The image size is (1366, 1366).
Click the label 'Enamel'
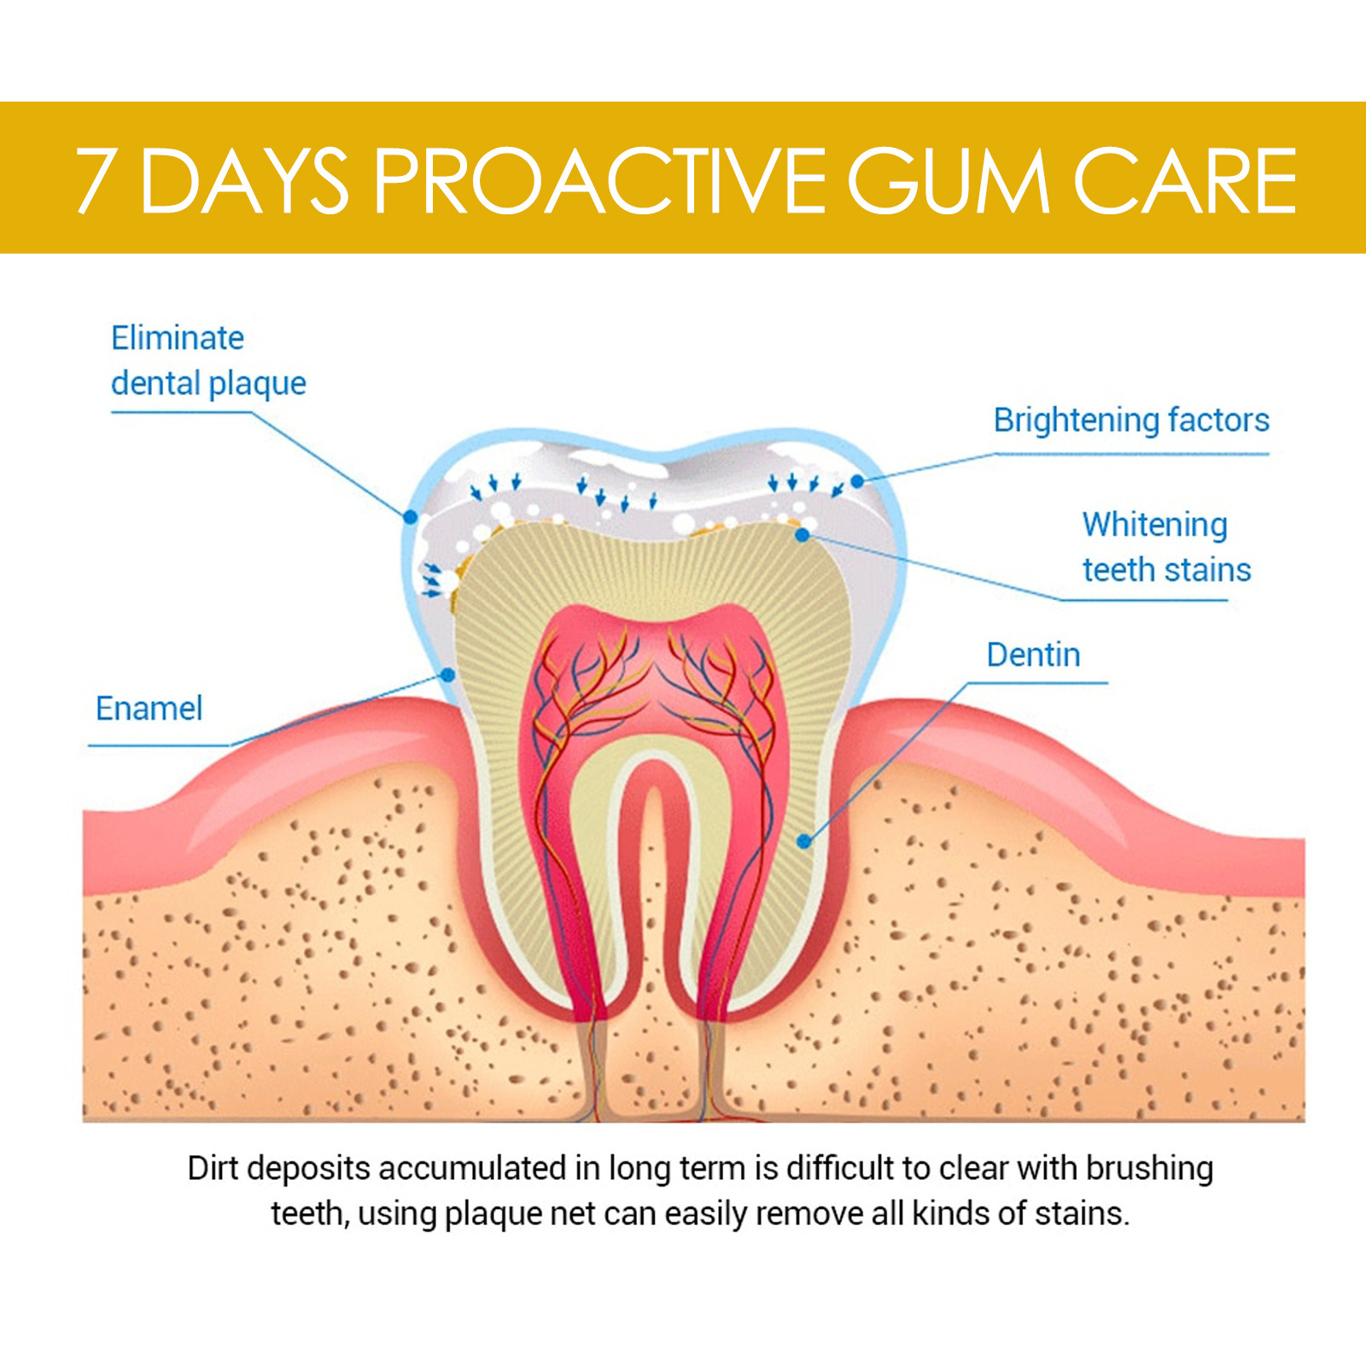pyautogui.click(x=149, y=709)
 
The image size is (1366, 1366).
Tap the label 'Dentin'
pyautogui.click(x=1033, y=656)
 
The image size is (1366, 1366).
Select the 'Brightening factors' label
pyautogui.click(x=1131, y=420)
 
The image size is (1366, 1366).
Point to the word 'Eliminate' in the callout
pyautogui.click(x=178, y=338)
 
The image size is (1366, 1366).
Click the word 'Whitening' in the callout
pyautogui.click(x=1154, y=525)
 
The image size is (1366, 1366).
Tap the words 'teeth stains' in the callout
pyautogui.click(x=1166, y=570)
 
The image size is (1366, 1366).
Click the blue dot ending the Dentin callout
pyautogui.click(x=803, y=842)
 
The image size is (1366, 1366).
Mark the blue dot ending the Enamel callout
pyautogui.click(x=447, y=674)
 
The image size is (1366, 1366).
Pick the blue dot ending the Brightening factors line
pyautogui.click(x=857, y=482)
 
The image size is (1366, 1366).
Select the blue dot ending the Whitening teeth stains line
pyautogui.click(x=802, y=535)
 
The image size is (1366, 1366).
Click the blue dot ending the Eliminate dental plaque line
pyautogui.click(x=411, y=517)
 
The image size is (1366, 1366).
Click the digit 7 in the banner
pyautogui.click(x=95, y=181)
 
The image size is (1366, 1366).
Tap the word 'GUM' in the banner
pyautogui.click(x=948, y=181)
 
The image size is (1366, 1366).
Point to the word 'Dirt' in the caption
pyautogui.click(x=213, y=1169)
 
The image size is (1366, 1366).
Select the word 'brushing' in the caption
pyautogui.click(x=1149, y=1169)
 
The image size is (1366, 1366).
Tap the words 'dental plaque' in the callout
pyautogui.click(x=208, y=384)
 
